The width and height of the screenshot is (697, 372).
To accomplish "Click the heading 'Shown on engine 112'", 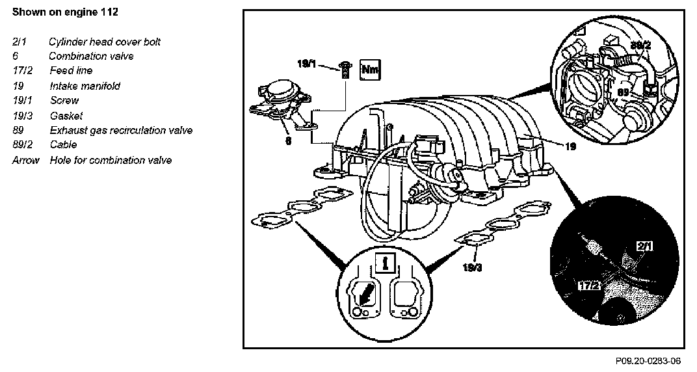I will [x=65, y=12].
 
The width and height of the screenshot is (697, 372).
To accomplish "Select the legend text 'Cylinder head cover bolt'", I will [x=104, y=42].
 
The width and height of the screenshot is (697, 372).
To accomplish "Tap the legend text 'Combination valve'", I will [x=91, y=56].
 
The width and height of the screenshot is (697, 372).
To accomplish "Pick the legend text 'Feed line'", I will [x=71, y=70].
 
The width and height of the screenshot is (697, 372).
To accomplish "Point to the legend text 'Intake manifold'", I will [x=85, y=86].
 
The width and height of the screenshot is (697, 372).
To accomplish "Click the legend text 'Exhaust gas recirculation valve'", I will [x=121, y=130].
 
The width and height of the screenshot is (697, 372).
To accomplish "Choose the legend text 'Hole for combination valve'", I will [x=111, y=159].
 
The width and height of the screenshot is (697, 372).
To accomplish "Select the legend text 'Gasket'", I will [x=66, y=116].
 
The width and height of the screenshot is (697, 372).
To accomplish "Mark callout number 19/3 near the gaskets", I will [x=473, y=267].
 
